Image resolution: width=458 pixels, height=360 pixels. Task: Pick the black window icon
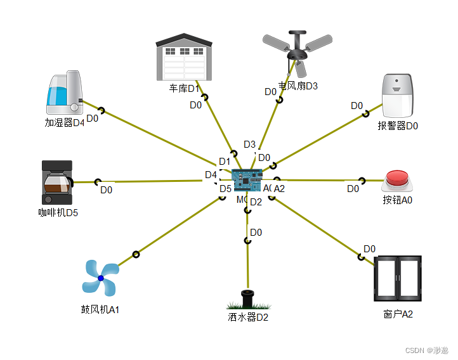(397, 278)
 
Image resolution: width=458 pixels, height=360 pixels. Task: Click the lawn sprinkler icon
(248, 300)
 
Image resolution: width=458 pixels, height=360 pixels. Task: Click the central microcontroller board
(247, 180)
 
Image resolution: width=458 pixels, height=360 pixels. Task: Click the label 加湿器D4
(65, 123)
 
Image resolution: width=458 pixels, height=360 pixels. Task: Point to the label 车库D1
(185, 88)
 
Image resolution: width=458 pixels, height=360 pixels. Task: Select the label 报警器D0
(398, 125)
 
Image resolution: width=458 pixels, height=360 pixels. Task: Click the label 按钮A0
(398, 200)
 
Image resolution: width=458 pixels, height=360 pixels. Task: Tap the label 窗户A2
(398, 314)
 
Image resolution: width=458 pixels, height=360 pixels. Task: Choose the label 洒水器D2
(249, 317)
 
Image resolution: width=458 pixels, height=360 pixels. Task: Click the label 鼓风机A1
(100, 310)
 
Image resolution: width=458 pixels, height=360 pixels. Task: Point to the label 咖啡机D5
(58, 212)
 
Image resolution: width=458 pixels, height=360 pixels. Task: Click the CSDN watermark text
(426, 350)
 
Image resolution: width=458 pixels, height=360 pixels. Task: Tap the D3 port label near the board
(249, 145)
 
